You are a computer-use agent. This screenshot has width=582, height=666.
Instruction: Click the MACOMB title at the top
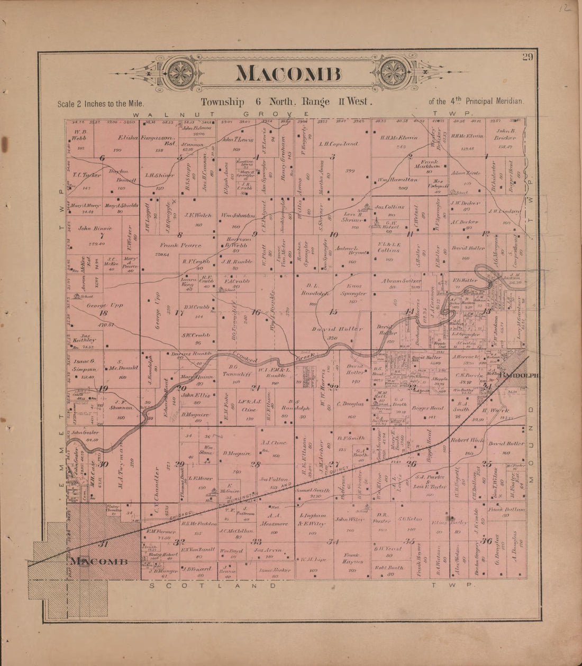point(288,73)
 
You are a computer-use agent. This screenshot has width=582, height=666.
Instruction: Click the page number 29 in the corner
point(527,58)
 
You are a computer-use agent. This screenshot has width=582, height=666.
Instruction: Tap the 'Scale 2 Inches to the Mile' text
point(100,104)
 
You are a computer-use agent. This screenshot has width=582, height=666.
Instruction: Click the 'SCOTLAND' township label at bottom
point(212,585)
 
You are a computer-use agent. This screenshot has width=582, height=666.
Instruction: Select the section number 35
point(408,541)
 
